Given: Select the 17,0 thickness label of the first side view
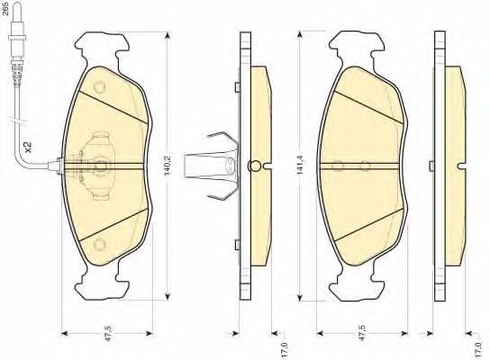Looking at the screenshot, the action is [x=284, y=350].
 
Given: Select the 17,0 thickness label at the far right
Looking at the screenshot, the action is [x=476, y=350].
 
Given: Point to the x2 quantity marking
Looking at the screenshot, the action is [x=28, y=147].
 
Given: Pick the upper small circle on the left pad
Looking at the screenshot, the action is [x=100, y=87].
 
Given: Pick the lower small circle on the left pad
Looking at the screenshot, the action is [x=100, y=245].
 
